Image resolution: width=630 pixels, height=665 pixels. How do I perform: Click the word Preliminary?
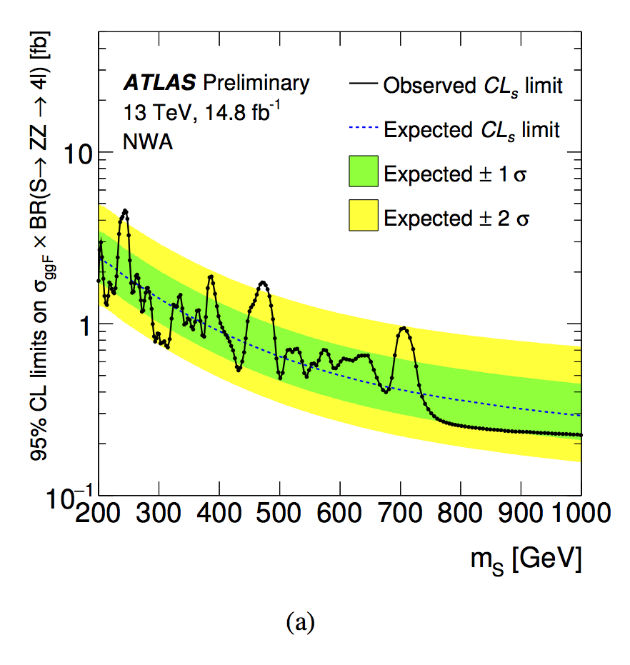point(256,84)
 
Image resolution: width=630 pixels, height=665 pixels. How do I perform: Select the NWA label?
point(148,141)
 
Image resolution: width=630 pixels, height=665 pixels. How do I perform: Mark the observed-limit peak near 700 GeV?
point(404,328)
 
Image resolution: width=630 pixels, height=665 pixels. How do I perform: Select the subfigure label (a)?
point(299,622)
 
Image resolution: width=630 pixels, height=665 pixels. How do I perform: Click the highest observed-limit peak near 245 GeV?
point(125,211)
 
